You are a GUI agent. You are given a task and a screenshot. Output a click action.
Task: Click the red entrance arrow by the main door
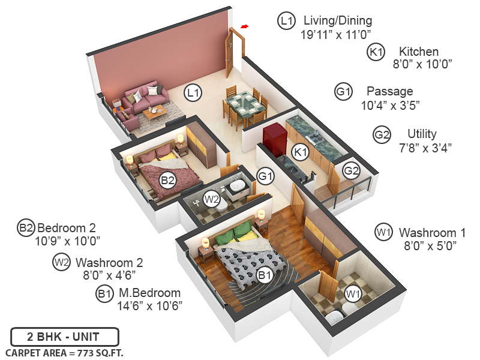[244, 26]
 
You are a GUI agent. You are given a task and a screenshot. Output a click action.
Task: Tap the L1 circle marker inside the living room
[193, 92]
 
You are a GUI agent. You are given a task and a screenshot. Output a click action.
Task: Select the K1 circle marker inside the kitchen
[301, 152]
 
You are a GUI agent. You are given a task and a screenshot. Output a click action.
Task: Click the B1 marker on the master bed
[265, 275]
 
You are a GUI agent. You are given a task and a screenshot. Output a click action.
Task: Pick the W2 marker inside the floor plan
[211, 197]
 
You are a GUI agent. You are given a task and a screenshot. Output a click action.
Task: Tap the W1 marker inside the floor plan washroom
[353, 293]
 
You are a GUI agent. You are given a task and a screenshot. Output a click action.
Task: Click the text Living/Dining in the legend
[338, 21]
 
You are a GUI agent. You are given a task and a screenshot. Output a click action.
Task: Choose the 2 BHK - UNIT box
[65, 337]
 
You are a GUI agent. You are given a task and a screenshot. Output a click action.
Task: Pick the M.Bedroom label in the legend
[149, 293]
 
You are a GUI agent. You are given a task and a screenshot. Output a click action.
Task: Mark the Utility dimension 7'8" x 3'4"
[422, 146]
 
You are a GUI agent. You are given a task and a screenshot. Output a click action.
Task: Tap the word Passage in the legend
[389, 92]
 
